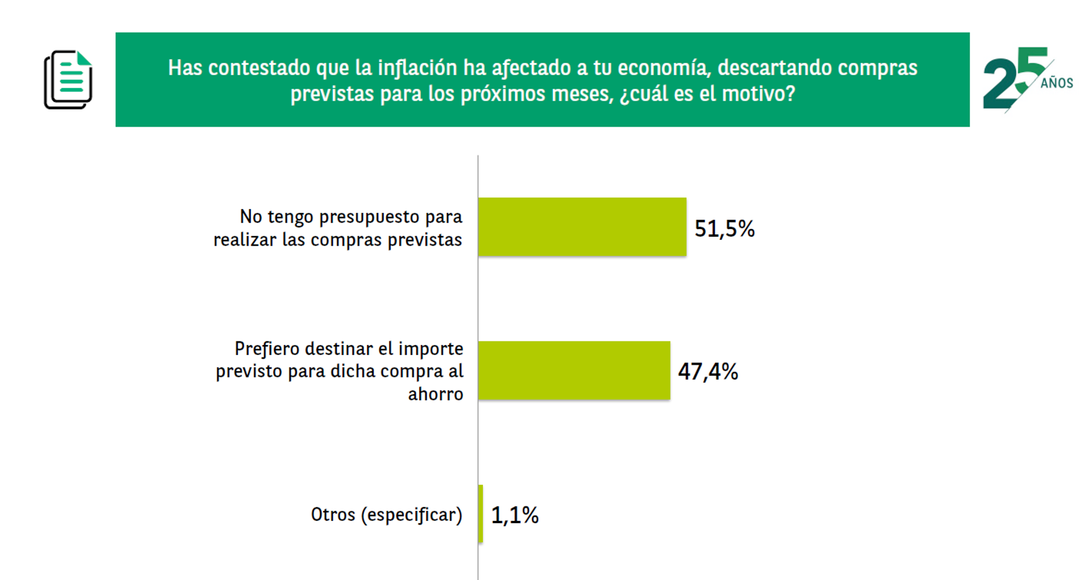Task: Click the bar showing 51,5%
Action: tap(582, 227)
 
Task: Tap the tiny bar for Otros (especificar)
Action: tap(481, 514)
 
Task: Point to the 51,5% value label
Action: tap(724, 228)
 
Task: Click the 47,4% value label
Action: tap(708, 372)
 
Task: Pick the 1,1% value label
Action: tap(515, 515)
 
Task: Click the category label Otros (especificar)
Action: tap(386, 514)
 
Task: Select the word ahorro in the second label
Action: tap(436, 394)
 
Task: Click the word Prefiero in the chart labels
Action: tap(267, 349)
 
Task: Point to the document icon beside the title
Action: tap(68, 79)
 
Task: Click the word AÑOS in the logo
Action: tap(1057, 83)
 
